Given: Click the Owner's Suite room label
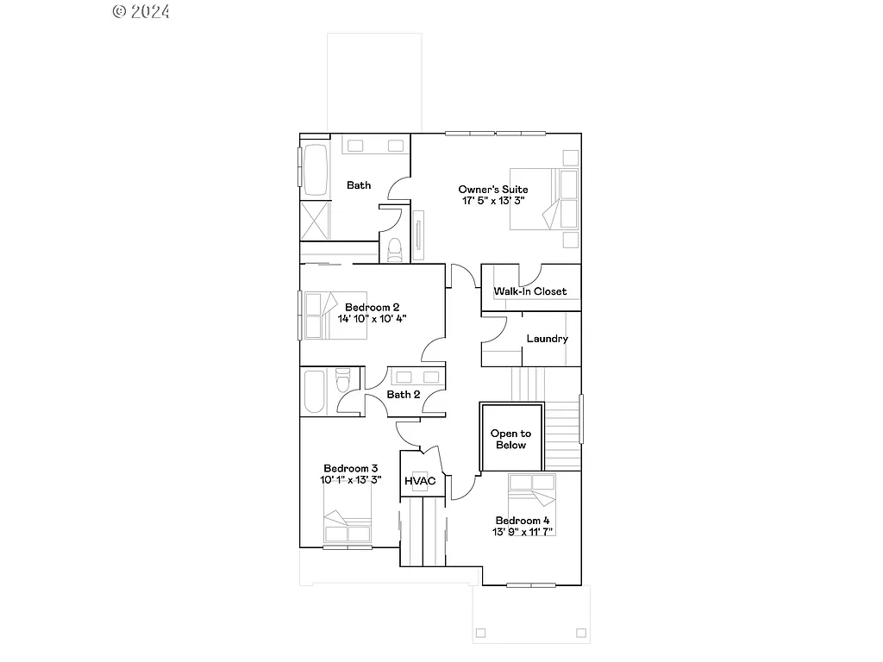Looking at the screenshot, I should click(x=492, y=190).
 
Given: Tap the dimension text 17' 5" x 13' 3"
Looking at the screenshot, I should click(x=492, y=201).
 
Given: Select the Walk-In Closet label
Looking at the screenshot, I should click(x=530, y=291).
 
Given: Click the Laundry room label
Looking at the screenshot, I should click(x=547, y=339).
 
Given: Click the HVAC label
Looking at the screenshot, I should click(x=420, y=480).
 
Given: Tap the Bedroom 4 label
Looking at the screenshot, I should click(x=523, y=521).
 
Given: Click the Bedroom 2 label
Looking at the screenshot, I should click(x=372, y=307).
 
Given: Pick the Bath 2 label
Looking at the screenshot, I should click(x=404, y=395).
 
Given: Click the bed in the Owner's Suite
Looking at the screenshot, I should click(x=544, y=199).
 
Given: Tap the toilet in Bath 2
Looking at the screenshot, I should click(x=343, y=380).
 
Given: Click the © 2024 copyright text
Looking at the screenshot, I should click(x=141, y=11).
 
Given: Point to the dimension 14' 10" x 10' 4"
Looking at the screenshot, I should click(x=372, y=319).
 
